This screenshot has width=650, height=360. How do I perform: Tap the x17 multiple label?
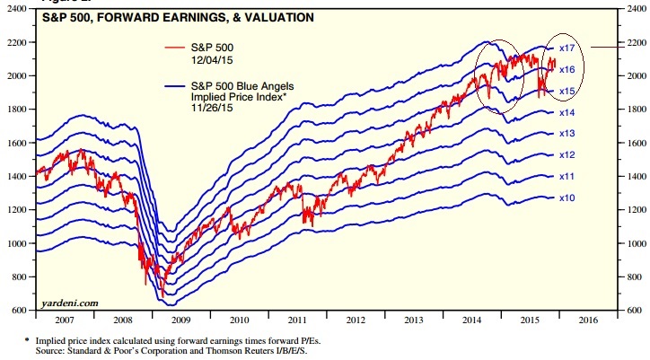[567, 47]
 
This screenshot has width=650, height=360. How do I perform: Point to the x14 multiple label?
[567, 113]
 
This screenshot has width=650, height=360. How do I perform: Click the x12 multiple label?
[567, 155]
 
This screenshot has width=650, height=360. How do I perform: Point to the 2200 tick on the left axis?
[21, 42]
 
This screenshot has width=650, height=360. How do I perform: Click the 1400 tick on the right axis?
[631, 176]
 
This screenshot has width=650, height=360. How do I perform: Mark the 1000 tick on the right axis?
[631, 243]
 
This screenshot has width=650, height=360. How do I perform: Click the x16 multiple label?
[567, 69]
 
